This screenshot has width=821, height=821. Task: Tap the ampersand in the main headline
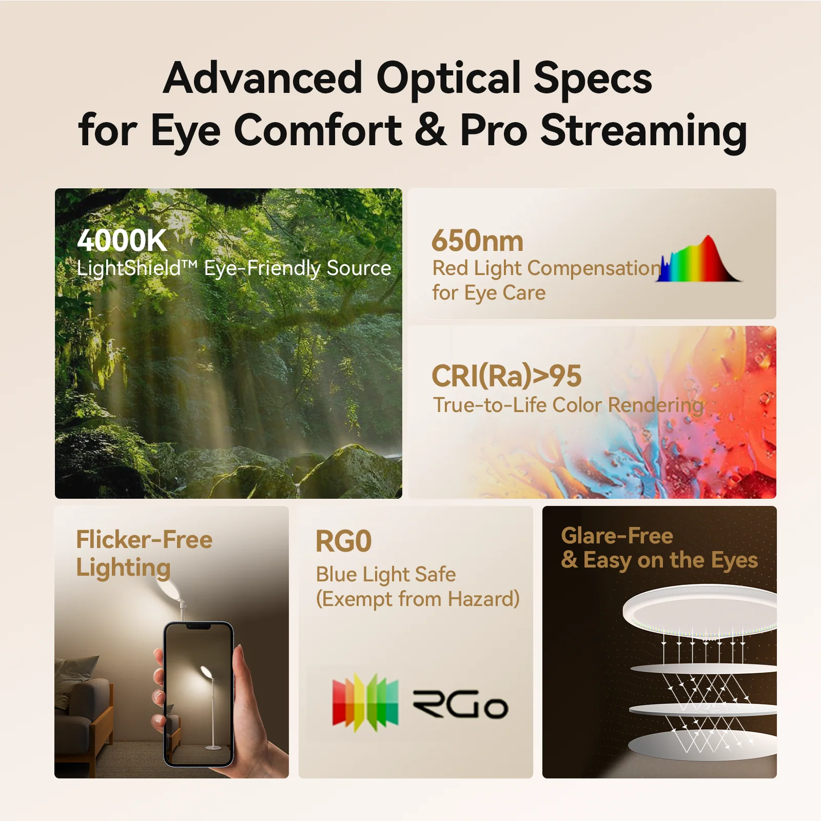click(x=431, y=130)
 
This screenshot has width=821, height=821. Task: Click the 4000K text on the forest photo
click(x=122, y=240)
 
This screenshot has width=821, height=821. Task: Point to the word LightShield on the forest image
click(x=129, y=268)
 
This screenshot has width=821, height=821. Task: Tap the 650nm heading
click(x=477, y=241)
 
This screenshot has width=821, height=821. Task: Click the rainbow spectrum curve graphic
click(x=700, y=259)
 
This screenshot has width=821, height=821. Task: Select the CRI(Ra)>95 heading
click(x=506, y=376)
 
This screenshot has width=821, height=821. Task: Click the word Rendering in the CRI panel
click(x=656, y=405)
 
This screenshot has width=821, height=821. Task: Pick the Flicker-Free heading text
click(x=144, y=540)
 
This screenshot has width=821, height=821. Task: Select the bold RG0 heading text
click(x=343, y=541)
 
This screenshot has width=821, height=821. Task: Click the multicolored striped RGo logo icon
click(x=365, y=702)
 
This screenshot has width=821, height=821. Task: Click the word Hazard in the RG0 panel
click(x=483, y=599)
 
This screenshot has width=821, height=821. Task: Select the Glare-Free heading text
click(x=617, y=536)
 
